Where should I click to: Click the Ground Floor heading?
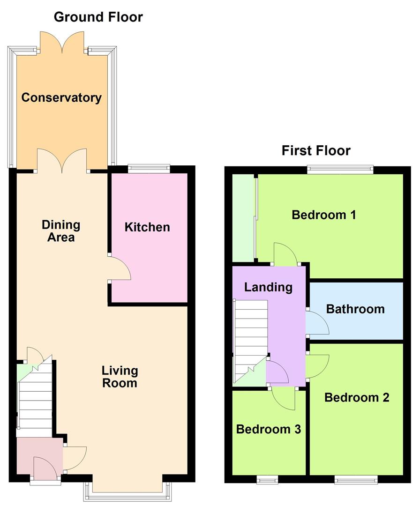point(98,17)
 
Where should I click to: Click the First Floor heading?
point(316,151)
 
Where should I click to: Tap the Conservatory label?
point(61,97)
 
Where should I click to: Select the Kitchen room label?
point(147,227)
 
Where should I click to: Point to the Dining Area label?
point(61,231)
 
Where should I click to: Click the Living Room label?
point(120,377)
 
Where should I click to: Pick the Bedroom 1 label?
point(324,215)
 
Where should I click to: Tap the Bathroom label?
point(355,309)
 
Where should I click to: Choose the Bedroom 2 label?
point(357,397)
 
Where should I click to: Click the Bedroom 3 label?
point(269,429)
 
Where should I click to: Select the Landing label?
point(268,287)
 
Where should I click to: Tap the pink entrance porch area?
point(39,456)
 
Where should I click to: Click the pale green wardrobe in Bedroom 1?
point(244,218)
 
